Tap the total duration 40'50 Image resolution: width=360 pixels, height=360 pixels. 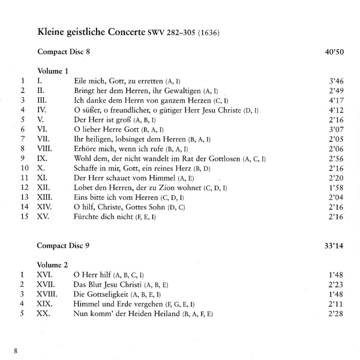[x=332, y=52]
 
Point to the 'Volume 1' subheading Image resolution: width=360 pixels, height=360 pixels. [x=54, y=70]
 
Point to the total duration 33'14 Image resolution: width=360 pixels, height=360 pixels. [x=332, y=246]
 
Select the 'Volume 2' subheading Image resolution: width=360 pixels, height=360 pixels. [x=54, y=265]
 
